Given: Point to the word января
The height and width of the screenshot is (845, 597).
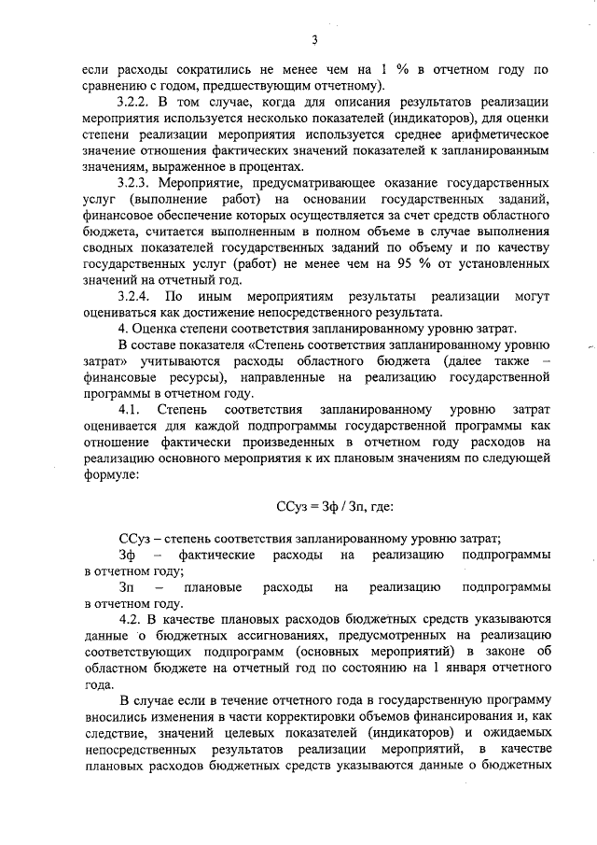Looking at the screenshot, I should [x=459, y=669].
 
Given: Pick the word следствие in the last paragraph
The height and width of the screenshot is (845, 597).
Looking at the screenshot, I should [x=117, y=733].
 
